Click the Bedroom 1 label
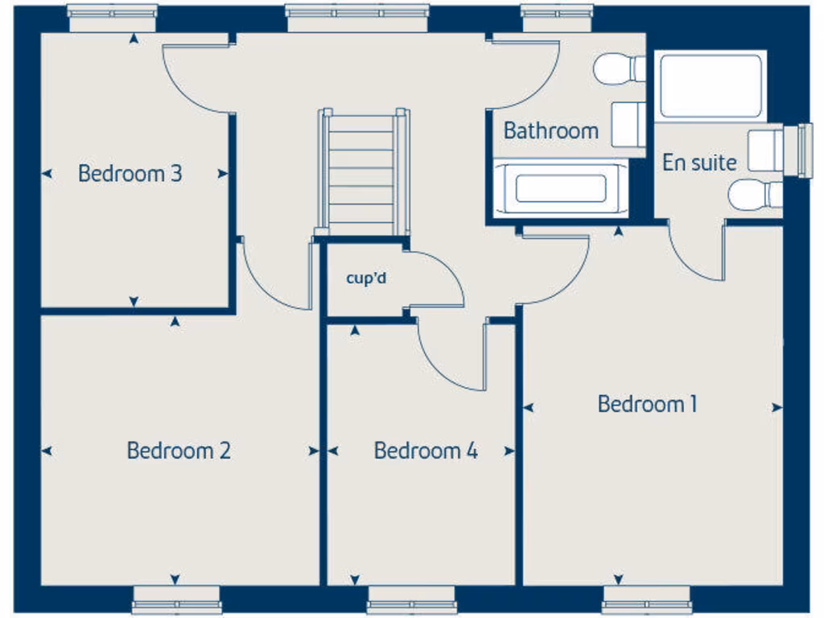(x=647, y=404)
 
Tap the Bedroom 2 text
(x=179, y=451)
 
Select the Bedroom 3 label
(x=130, y=173)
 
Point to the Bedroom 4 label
(x=426, y=451)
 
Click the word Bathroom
(x=551, y=130)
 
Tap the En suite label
(x=699, y=163)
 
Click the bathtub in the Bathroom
(x=560, y=188)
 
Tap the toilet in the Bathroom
(x=619, y=68)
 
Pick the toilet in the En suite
(x=754, y=195)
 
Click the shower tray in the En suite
(x=710, y=86)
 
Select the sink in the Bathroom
(x=628, y=124)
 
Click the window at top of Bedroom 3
(x=112, y=18)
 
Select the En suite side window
(x=803, y=150)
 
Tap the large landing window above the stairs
(x=357, y=18)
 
